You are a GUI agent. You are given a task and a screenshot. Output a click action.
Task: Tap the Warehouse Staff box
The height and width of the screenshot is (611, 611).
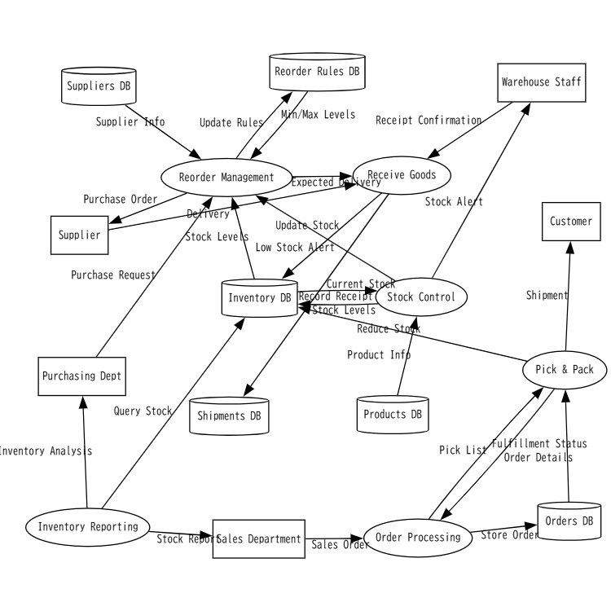click(x=543, y=82)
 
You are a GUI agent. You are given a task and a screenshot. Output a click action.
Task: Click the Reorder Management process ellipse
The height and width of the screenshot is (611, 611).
click(x=226, y=178)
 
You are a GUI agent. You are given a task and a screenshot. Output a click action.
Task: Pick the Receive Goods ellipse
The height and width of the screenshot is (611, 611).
click(x=402, y=174)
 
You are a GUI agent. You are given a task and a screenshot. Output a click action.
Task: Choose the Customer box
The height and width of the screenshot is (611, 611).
click(x=571, y=222)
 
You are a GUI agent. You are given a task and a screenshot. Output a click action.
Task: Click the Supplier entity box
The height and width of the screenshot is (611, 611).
click(x=79, y=235)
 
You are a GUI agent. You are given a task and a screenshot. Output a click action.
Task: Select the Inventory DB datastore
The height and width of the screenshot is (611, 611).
click(x=259, y=298)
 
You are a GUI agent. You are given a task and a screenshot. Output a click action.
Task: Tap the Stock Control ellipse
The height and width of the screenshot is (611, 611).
click(x=421, y=297)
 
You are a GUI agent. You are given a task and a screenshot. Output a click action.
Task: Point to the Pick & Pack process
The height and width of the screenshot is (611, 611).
click(x=565, y=369)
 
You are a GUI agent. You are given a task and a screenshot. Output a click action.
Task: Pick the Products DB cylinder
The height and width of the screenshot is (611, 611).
click(x=393, y=414)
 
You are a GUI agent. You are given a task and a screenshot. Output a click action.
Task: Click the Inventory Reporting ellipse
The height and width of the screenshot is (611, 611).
click(x=88, y=526)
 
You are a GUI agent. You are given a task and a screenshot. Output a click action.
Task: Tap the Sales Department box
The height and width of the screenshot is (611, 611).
click(x=259, y=538)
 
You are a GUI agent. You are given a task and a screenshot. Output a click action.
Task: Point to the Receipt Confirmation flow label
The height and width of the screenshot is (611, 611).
click(x=429, y=120)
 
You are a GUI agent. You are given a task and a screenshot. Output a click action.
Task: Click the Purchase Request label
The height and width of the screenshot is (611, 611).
click(x=112, y=275)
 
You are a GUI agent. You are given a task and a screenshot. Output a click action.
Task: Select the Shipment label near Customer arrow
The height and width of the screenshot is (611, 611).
click(x=547, y=296)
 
